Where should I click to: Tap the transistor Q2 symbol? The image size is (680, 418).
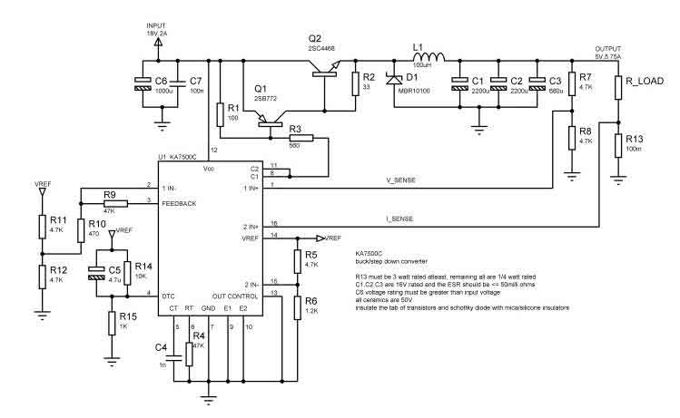click(x=325, y=71)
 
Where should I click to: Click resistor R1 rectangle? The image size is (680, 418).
click(x=220, y=114)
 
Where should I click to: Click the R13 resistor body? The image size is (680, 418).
click(x=619, y=145)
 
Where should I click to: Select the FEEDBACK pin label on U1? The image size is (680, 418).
click(x=179, y=204)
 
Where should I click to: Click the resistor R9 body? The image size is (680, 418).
click(x=109, y=204)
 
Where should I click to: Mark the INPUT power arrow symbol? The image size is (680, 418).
click(x=160, y=41)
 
